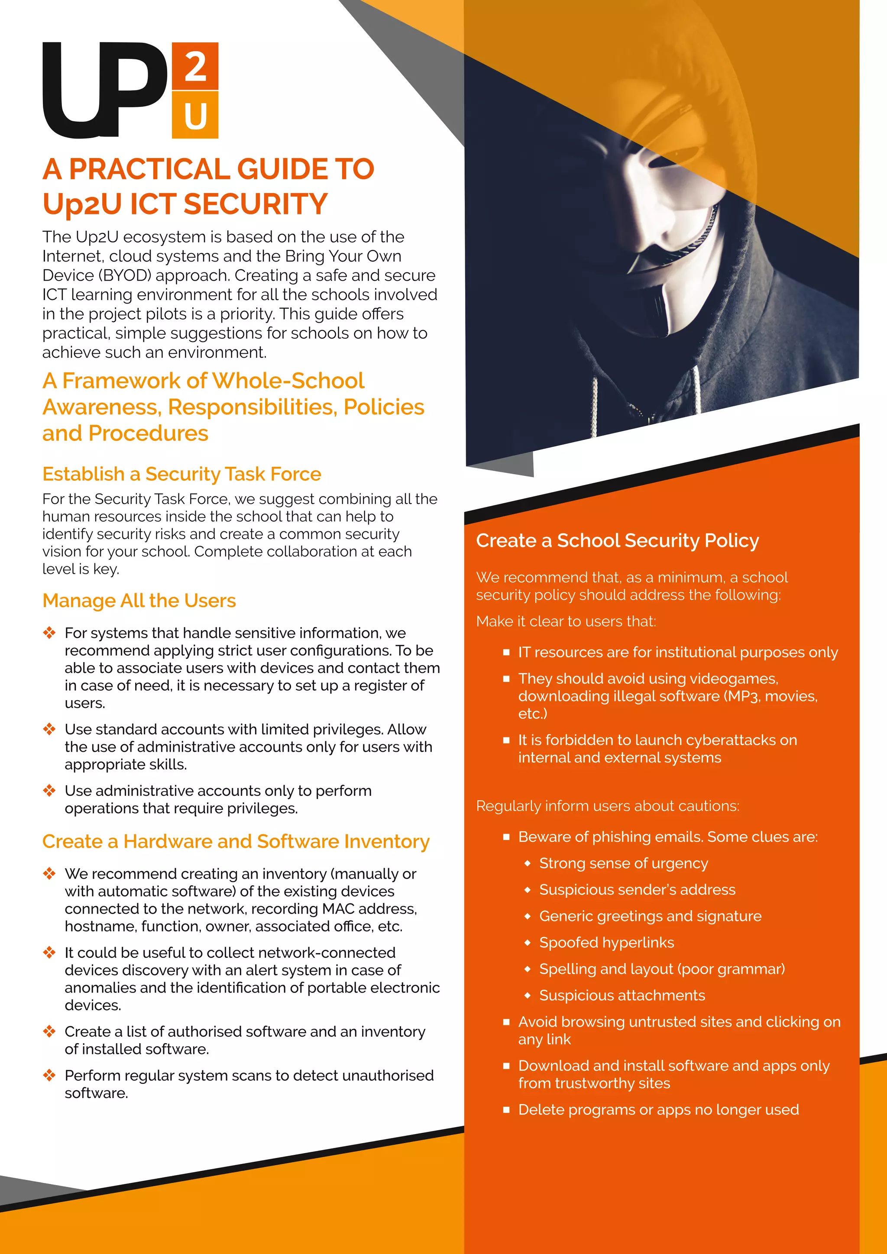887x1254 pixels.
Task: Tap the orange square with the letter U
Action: coord(195,115)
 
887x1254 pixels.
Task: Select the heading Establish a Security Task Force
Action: coord(181,474)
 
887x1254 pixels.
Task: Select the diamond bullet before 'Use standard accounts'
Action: coord(49,729)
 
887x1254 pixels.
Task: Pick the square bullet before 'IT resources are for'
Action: coord(506,652)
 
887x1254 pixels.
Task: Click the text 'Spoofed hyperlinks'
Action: coord(606,942)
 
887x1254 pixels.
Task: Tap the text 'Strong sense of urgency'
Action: coord(623,863)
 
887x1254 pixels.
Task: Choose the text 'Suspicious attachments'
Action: coord(622,995)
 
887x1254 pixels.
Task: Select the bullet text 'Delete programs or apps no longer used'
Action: coord(658,1109)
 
